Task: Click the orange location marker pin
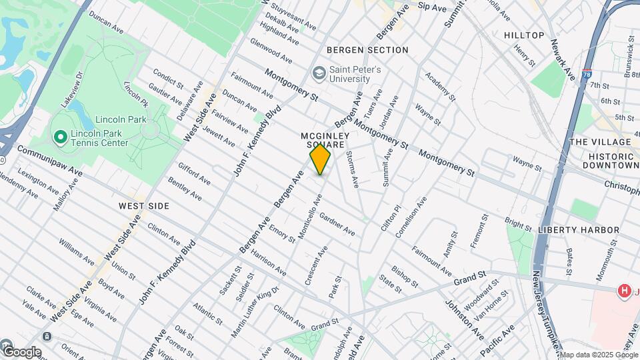click(x=321, y=159)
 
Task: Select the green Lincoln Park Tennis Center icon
click(x=59, y=137)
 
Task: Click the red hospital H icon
click(x=625, y=291)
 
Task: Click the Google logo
click(x=21, y=351)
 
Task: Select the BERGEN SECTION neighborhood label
click(x=367, y=50)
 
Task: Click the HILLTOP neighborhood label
click(x=524, y=35)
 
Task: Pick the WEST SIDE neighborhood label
click(x=144, y=206)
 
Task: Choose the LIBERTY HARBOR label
click(x=579, y=230)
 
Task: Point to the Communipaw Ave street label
click(x=50, y=161)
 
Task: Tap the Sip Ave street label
click(x=432, y=7)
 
